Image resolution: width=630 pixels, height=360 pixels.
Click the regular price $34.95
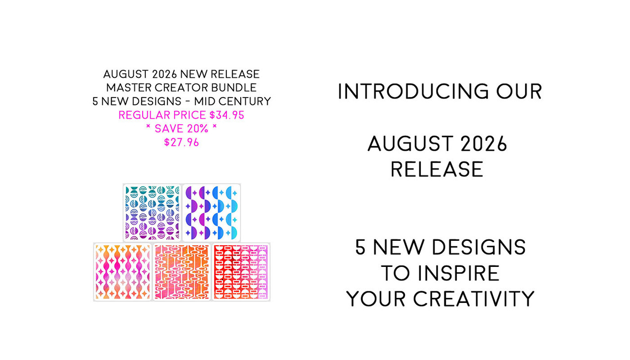(227, 115)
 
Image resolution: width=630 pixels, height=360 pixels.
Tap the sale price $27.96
(182, 142)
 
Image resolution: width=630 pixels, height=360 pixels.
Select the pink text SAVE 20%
(182, 129)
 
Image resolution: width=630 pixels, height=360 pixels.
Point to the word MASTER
(129, 88)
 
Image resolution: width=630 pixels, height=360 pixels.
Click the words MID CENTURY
(232, 101)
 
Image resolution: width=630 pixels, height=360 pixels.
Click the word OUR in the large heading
(519, 92)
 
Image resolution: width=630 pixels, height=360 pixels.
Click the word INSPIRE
(459, 273)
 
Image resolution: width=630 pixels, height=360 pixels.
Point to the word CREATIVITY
(473, 298)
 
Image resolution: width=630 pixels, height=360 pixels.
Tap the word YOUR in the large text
(376, 298)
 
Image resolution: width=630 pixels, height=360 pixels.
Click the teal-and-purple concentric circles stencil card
(152, 213)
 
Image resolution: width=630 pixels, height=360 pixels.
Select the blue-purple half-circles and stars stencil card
(212, 213)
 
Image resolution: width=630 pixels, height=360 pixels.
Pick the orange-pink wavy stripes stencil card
(123, 272)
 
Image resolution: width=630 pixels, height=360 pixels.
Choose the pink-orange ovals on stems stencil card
(182, 272)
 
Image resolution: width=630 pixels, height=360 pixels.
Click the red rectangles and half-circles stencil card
(241, 272)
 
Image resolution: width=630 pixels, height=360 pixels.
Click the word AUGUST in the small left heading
(126, 74)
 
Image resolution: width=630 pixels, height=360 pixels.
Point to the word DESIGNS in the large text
(479, 247)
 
